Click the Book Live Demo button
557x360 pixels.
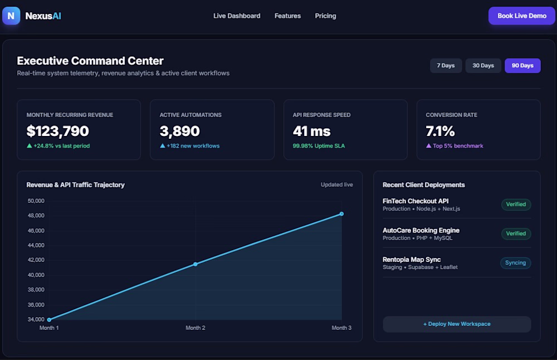click(521, 16)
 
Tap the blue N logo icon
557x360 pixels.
click(11, 16)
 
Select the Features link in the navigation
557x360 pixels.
click(287, 16)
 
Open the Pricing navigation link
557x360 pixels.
click(325, 16)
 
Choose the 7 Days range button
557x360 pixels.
click(446, 65)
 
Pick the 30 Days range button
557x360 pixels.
click(483, 65)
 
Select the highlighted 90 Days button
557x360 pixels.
click(522, 65)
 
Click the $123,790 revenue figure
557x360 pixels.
click(57, 131)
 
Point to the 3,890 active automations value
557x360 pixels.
click(180, 131)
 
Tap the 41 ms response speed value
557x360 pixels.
click(311, 131)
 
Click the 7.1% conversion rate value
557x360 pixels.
click(440, 131)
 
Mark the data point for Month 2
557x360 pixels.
click(196, 264)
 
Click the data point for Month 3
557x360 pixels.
click(341, 214)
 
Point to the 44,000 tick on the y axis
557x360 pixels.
click(36, 245)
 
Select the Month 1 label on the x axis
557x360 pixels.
click(49, 328)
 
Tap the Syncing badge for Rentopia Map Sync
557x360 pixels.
click(515, 262)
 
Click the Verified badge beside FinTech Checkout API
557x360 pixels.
click(516, 205)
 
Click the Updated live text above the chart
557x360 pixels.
click(337, 184)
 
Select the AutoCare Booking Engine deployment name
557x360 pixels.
click(421, 230)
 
